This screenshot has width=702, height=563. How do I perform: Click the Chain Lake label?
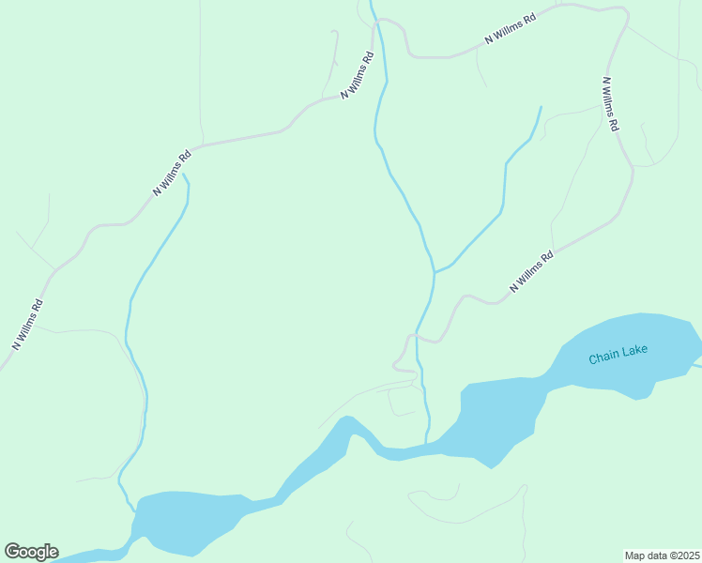[618, 356]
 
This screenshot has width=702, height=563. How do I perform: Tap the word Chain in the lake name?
[604, 358]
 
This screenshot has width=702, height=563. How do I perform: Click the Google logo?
[31, 552]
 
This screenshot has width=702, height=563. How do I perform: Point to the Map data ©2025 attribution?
[662, 555]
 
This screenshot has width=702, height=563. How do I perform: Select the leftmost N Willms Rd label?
[27, 325]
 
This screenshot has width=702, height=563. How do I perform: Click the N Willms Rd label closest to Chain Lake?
[531, 270]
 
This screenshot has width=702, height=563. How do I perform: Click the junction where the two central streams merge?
[434, 272]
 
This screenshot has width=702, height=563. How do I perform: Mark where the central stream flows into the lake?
[427, 442]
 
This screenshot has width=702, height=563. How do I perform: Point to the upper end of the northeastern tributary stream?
[542, 107]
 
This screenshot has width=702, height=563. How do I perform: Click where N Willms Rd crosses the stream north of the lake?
[418, 336]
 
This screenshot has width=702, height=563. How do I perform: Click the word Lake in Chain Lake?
[634, 352]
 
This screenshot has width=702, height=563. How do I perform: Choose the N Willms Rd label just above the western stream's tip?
[172, 173]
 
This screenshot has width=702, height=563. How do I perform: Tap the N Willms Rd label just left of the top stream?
[357, 76]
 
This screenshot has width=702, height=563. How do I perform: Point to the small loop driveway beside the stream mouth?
[402, 402]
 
